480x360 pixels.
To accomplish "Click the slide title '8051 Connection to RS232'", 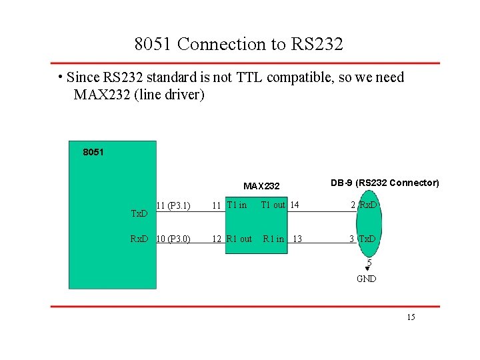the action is [x=239, y=44].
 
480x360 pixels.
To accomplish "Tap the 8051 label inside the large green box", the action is [x=93, y=153].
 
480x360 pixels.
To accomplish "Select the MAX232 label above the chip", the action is [x=261, y=186].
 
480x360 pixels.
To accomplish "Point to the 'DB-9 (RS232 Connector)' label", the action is [x=385, y=183].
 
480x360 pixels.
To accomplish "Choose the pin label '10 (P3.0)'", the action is [x=173, y=239].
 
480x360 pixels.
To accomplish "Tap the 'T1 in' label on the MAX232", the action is [x=237, y=205].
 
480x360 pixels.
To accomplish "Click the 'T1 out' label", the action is [x=273, y=205].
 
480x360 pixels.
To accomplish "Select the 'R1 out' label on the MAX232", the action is [x=239, y=239].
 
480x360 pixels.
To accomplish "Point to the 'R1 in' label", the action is [x=273, y=239].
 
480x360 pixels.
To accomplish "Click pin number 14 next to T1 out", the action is [x=294, y=205].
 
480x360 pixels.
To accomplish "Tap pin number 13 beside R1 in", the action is [x=297, y=239].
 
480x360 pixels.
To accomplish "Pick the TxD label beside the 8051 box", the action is [x=139, y=214].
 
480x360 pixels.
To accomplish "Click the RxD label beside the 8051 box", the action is [x=139, y=239].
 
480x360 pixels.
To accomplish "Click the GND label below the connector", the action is [x=367, y=279].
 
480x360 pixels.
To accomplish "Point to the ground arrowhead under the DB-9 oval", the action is [x=367, y=269].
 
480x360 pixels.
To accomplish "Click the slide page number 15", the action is [x=411, y=317].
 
